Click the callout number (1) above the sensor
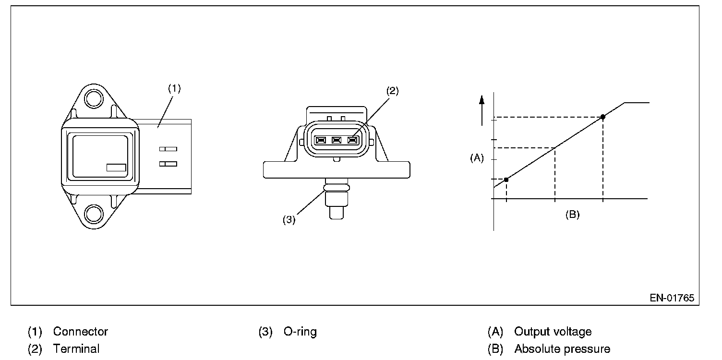coord(174,88)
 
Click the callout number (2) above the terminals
coord(392,91)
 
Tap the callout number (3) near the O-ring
coord(289,220)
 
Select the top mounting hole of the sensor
coord(93,99)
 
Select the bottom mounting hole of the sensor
coord(93,214)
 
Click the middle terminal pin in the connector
coord(337,140)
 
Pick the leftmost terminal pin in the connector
coord(320,140)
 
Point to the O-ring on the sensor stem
coord(337,188)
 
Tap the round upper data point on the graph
coord(603,117)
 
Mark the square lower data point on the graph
coord(506,179)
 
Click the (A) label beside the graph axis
coord(476,158)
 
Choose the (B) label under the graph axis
coord(572,215)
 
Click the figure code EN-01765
coord(672,298)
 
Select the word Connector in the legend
coord(81,332)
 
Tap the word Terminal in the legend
coord(76,349)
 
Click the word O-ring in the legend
coord(300,332)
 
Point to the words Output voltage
coord(553,332)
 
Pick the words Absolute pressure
coord(562,349)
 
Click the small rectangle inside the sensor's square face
coord(116,168)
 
